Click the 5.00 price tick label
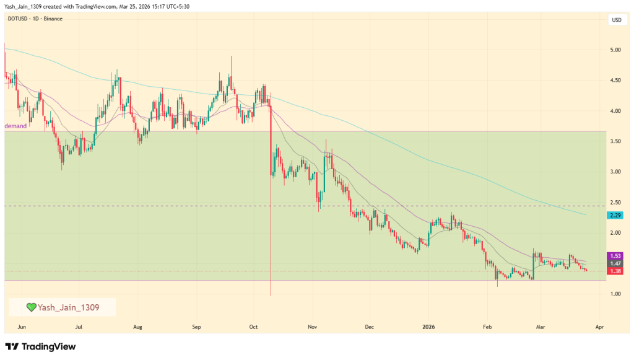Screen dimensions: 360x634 (616, 50)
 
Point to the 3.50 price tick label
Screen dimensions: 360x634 (616, 141)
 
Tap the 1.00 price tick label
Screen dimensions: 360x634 (616, 294)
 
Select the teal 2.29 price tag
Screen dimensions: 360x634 (616, 215)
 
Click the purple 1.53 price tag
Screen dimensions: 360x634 (616, 256)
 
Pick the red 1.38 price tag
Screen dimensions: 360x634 (616, 271)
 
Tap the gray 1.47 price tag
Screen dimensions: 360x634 (616, 263)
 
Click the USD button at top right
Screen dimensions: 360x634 (616, 20)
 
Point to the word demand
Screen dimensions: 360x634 (15, 126)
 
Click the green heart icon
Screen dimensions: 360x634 (31, 307)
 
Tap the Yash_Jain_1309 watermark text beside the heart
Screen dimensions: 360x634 (68, 307)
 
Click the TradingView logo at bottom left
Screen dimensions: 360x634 (40, 347)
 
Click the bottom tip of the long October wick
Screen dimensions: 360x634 (271, 295)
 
